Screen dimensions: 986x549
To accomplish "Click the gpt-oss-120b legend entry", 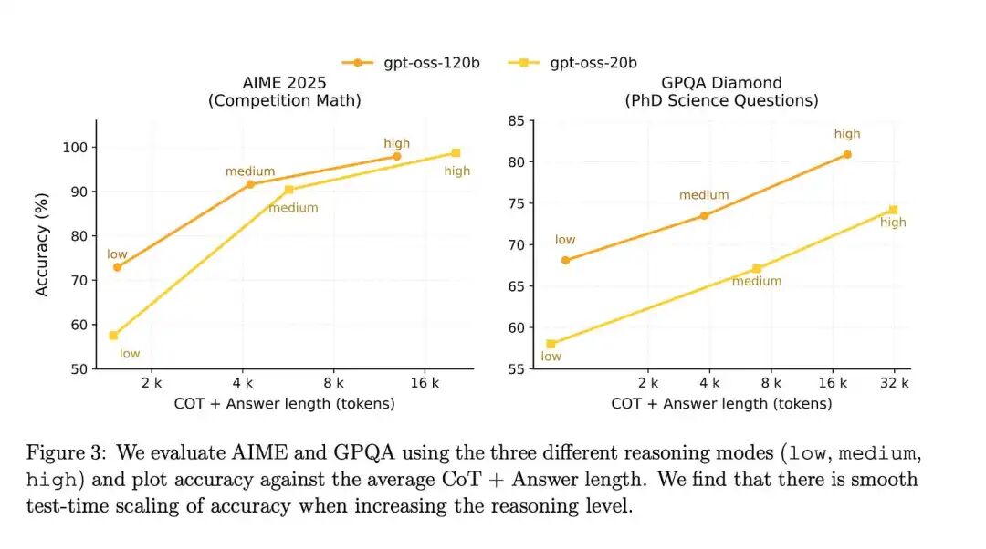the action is click(411, 63).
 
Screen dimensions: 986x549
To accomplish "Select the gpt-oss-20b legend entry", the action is click(572, 63).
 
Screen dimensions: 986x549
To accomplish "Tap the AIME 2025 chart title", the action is click(285, 92).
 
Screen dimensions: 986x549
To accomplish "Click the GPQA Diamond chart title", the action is click(722, 92).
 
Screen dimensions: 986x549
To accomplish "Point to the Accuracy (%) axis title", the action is click(41, 244).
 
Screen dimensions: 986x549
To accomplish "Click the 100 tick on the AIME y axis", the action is click(75, 148).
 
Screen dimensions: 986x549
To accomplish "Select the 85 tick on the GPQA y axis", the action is click(516, 120).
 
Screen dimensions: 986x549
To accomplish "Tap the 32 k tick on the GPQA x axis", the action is click(894, 382).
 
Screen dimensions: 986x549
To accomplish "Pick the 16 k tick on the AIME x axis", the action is click(425, 382).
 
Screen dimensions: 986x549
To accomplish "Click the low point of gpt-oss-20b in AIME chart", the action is click(113, 336).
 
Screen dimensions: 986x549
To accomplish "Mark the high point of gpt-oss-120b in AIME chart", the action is click(397, 157).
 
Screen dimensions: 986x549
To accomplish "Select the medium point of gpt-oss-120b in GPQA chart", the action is click(704, 215).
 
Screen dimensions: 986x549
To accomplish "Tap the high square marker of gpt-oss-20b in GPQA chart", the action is click(893, 210).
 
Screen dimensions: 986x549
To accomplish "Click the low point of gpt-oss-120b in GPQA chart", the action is click(565, 260).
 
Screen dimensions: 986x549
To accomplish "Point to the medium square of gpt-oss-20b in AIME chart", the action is click(289, 189).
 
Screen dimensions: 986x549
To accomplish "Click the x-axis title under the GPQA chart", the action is click(721, 403).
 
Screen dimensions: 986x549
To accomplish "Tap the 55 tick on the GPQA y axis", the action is click(516, 369).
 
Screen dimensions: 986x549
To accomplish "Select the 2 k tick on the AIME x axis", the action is click(152, 382).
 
